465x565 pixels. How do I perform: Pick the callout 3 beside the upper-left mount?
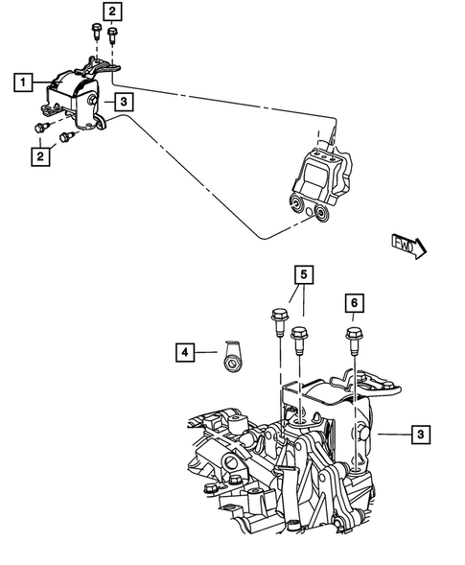click(124, 100)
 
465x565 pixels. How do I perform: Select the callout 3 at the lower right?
click(421, 435)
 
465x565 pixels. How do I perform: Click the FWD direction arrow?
click(408, 247)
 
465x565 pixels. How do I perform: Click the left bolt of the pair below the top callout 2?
click(96, 30)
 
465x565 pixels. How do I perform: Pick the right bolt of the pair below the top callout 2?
click(112, 37)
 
